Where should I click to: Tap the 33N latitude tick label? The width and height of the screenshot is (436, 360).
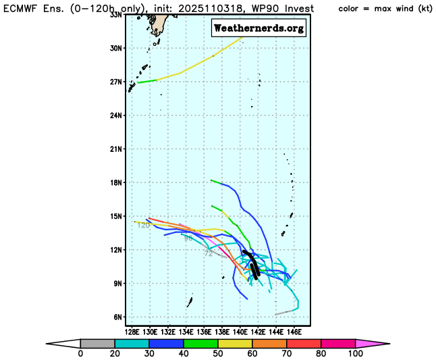116,14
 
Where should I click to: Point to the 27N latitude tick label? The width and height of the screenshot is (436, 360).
116,82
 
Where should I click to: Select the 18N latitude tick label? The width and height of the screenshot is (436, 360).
116,182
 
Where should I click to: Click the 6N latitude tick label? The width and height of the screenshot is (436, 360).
118,317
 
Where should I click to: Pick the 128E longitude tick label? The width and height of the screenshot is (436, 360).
132,332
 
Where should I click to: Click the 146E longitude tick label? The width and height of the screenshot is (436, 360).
294,332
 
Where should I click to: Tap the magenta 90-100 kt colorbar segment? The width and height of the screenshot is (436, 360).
337,343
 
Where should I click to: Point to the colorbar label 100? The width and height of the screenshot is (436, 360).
355,353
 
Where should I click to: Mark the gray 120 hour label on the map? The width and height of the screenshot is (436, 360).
143,225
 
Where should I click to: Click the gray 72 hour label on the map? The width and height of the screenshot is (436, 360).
209,254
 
